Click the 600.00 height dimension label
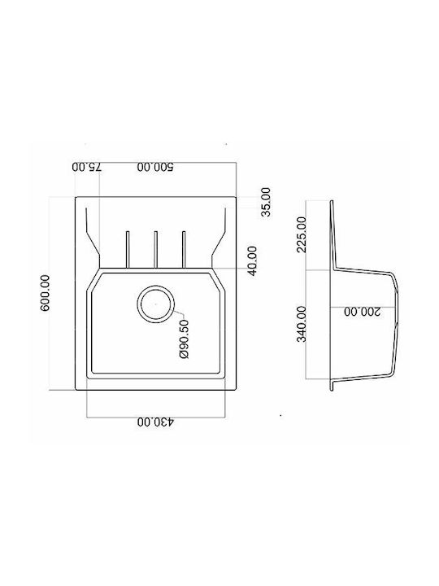coord(45,293)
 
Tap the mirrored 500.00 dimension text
coord(155,167)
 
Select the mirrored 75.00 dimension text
coord(87,167)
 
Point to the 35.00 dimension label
coord(266,202)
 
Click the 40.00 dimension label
coord(253,261)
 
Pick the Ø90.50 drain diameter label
coord(185,339)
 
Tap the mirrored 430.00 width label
coord(155,422)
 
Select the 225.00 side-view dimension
coord(302,234)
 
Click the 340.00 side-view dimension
coord(302,324)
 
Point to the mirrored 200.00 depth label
coord(362,311)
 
